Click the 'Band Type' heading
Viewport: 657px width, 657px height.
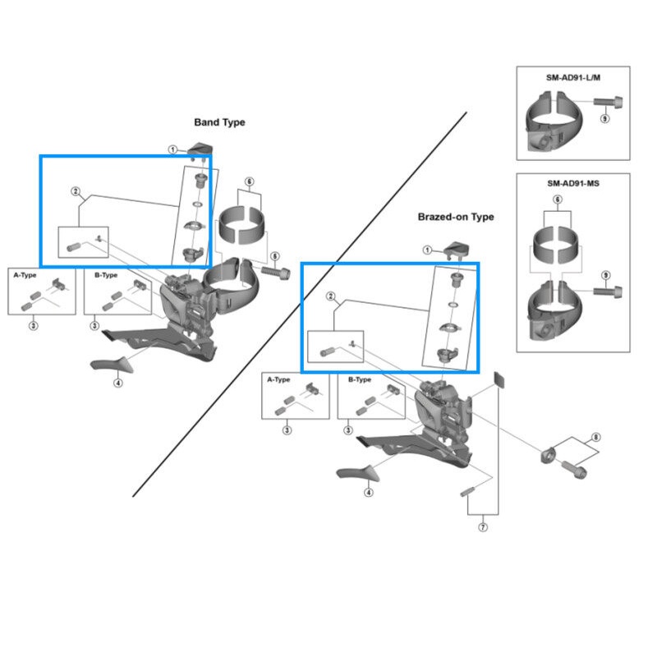(219, 122)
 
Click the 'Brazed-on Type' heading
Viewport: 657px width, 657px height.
(456, 217)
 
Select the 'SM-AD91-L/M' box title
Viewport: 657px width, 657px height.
(572, 77)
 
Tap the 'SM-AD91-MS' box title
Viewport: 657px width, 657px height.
(572, 183)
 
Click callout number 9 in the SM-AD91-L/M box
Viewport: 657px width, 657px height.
(605, 119)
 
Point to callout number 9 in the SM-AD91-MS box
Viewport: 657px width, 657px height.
(605, 274)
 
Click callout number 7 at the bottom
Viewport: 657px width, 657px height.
(482, 527)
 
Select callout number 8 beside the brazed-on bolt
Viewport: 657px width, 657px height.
(596, 438)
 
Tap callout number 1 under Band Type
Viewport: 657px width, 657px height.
(173, 149)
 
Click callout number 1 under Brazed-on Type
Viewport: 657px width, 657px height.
(427, 250)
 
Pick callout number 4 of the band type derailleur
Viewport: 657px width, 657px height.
(118, 382)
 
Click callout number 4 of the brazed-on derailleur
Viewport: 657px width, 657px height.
(369, 493)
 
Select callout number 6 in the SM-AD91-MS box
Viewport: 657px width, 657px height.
(557, 200)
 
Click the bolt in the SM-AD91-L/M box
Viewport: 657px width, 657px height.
(606, 103)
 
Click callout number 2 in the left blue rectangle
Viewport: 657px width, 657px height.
(76, 191)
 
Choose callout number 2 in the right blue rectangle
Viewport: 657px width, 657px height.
(331, 296)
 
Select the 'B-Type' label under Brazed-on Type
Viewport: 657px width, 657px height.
(361, 380)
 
